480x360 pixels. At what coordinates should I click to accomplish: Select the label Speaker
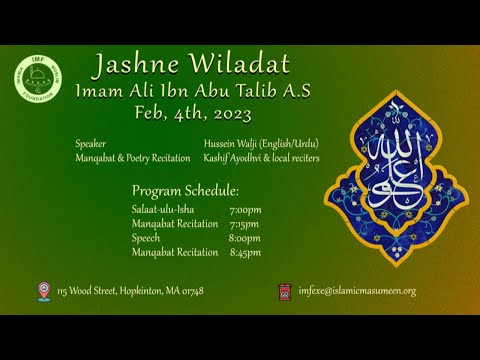(91, 144)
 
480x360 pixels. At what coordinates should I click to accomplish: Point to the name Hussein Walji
(229, 144)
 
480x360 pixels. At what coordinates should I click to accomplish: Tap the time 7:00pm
(245, 210)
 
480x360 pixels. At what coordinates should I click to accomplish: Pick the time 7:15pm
(245, 224)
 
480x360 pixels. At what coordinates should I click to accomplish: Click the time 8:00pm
(245, 238)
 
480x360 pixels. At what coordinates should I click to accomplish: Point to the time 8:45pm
(245, 252)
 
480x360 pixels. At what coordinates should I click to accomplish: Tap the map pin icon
(44, 291)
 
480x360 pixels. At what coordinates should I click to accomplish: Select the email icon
(286, 291)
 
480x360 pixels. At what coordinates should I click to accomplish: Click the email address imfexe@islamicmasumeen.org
(357, 291)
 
